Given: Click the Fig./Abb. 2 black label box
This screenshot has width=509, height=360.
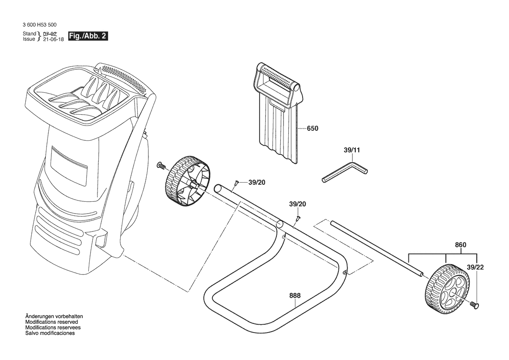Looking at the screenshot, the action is pyautogui.click(x=88, y=36).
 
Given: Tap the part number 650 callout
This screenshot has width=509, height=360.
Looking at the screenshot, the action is pyautogui.click(x=312, y=128).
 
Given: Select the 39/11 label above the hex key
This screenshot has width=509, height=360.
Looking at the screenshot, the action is pyautogui.click(x=351, y=150).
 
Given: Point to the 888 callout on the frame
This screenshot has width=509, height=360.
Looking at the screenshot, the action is pyautogui.click(x=295, y=295).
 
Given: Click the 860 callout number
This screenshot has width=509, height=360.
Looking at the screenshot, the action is pyautogui.click(x=460, y=245).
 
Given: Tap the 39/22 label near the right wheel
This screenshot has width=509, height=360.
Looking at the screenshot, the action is pyautogui.click(x=475, y=267).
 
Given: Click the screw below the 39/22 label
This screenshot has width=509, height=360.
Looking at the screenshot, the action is pyautogui.click(x=475, y=305).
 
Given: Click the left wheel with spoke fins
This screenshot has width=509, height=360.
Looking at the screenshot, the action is pyautogui.click(x=187, y=181).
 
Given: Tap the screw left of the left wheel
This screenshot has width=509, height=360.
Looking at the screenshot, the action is pyautogui.click(x=161, y=166).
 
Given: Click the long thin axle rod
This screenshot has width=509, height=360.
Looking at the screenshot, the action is pyautogui.click(x=377, y=249).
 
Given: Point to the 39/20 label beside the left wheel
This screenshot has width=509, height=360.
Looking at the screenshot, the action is pyautogui.click(x=257, y=183).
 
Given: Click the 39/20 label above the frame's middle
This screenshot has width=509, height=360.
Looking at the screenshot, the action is pyautogui.click(x=297, y=204).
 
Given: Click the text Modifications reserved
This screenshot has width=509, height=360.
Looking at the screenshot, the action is pyautogui.click(x=52, y=322).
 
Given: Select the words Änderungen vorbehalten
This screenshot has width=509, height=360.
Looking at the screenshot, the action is pyautogui.click(x=54, y=316).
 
